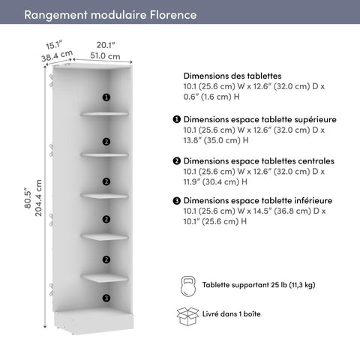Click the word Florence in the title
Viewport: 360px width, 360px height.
(x=172, y=15)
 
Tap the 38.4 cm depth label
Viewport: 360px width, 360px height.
(x=56, y=55)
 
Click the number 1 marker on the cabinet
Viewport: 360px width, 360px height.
(x=106, y=97)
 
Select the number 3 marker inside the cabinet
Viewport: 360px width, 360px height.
(x=106, y=298)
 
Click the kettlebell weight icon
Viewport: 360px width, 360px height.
(x=187, y=285)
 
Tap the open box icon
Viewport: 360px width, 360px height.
(x=187, y=316)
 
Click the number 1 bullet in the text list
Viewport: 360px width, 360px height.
(x=176, y=119)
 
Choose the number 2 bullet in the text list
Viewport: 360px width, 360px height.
(x=176, y=161)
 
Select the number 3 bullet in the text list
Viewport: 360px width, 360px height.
(x=176, y=201)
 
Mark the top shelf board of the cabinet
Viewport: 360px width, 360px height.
(x=105, y=114)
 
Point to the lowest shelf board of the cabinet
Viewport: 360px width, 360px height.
(x=105, y=276)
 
